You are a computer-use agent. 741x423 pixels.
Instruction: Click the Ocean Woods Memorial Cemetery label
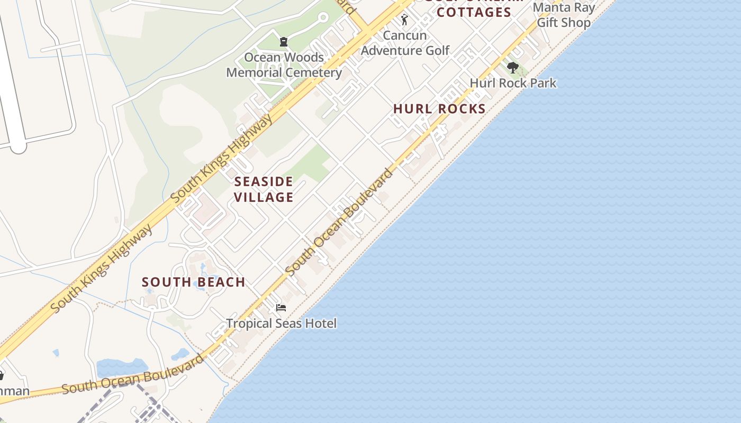(284, 65)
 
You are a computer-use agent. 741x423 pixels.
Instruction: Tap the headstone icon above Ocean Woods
(284, 41)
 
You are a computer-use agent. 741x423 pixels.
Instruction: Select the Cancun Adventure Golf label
(405, 43)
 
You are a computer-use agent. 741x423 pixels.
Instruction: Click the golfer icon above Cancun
(404, 20)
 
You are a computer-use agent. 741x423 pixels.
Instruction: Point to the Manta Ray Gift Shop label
(564, 15)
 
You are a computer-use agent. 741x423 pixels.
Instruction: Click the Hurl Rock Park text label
(513, 83)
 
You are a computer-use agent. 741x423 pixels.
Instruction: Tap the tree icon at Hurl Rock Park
(512, 68)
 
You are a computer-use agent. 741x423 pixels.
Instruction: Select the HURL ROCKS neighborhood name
(439, 109)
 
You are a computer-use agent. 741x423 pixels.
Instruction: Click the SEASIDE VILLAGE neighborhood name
(264, 189)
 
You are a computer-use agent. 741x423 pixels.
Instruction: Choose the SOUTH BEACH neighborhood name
(193, 282)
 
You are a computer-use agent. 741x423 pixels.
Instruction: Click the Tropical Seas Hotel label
(281, 323)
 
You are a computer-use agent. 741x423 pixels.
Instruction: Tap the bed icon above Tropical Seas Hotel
(281, 307)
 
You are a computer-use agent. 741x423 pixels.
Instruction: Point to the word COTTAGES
(474, 12)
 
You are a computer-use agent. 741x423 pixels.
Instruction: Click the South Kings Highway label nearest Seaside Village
(222, 158)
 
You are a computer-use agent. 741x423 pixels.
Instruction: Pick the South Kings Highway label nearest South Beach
(102, 269)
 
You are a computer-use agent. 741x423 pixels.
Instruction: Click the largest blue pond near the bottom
(122, 367)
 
